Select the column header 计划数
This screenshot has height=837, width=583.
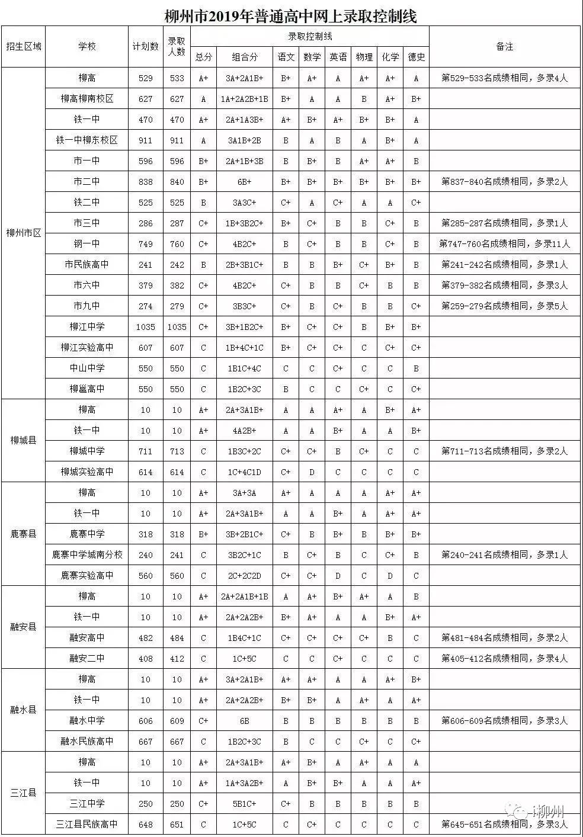click(145, 46)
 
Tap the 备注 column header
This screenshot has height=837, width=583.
click(504, 46)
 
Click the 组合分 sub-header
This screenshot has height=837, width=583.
click(245, 57)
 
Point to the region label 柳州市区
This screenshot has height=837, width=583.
click(24, 233)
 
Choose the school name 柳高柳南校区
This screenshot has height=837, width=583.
click(87, 99)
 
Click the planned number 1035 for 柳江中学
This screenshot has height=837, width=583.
click(145, 326)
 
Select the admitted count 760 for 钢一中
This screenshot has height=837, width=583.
click(177, 243)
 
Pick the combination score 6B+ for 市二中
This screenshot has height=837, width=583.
click(245, 182)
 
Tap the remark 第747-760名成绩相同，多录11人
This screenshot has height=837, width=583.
click(504, 243)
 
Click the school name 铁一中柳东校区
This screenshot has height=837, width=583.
click(87, 140)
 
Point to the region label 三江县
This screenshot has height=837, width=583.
click(24, 793)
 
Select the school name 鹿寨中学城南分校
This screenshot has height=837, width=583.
click(87, 554)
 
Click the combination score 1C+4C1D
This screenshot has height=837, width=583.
click(245, 472)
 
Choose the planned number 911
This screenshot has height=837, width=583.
click(145, 140)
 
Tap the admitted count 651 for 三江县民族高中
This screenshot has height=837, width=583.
click(177, 824)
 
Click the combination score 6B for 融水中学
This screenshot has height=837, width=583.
click(245, 720)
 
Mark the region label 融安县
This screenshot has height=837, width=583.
click(24, 627)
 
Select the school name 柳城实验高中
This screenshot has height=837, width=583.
click(87, 472)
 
